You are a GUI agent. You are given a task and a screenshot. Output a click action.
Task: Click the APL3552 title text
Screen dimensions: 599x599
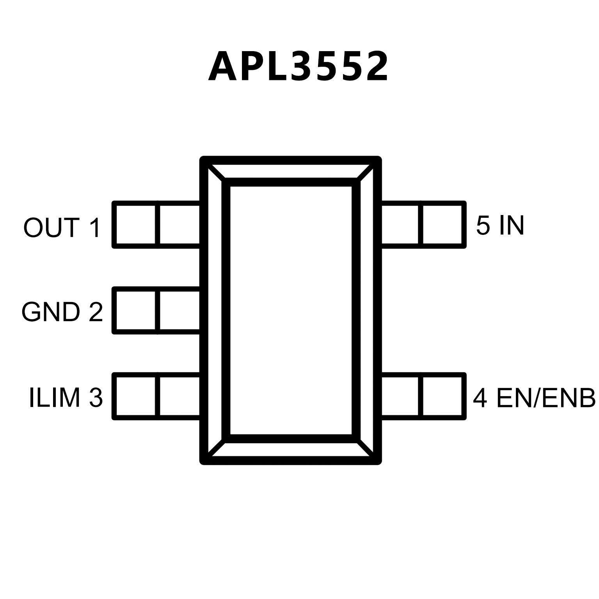(x=299, y=66)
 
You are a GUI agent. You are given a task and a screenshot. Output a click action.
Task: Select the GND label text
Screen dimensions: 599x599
(x=50, y=312)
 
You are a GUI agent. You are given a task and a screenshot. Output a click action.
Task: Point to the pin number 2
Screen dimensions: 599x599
(x=96, y=312)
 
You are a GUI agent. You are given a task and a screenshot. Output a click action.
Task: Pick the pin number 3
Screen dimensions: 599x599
(x=96, y=398)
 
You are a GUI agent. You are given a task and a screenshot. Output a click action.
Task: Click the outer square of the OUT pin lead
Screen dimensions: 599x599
(x=135, y=225)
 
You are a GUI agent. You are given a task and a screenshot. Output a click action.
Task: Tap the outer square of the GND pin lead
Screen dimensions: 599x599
(x=135, y=311)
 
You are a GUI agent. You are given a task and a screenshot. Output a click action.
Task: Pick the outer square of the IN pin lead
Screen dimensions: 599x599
(x=444, y=225)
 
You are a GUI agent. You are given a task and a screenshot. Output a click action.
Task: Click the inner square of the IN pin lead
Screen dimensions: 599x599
(x=401, y=225)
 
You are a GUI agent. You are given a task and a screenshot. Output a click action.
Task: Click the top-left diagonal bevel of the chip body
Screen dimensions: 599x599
(x=216, y=173)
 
